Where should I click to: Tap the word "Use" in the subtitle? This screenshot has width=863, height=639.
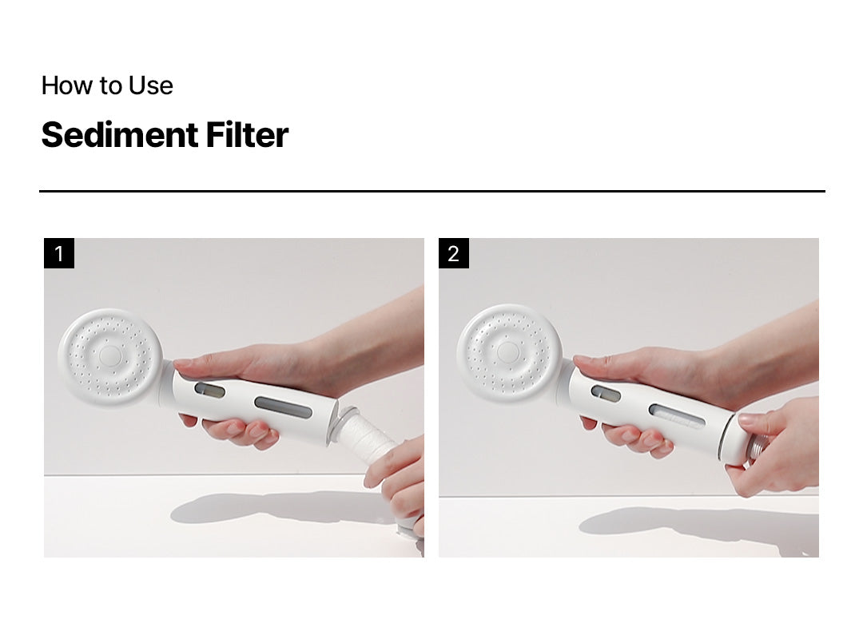tap(150, 85)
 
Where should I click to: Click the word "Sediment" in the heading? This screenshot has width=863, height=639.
tap(119, 135)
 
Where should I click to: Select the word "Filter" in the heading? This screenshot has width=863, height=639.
tap(247, 135)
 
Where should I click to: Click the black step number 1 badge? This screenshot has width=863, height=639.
tap(59, 253)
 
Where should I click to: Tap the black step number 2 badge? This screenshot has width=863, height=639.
tap(454, 253)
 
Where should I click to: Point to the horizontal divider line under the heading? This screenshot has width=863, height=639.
tap(432, 191)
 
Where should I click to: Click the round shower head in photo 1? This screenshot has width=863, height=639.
tap(110, 357)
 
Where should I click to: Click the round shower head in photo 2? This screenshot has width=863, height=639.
tap(509, 353)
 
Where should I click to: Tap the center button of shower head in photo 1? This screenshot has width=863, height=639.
tap(110, 355)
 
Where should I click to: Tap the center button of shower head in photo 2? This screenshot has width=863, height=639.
tap(508, 351)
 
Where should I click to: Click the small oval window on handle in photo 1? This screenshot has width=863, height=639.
tap(209, 391)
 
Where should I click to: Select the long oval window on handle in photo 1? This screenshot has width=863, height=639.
tap(283, 407)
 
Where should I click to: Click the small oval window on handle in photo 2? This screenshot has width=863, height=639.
tap(606, 394)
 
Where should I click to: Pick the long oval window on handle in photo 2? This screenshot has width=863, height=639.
tap(677, 417)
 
